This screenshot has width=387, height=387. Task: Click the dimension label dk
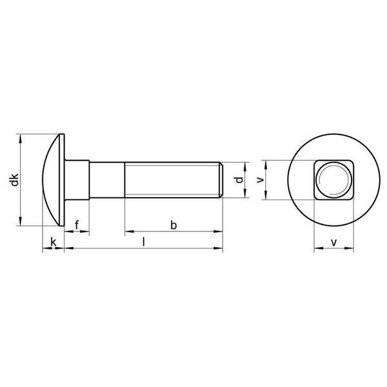[15, 180]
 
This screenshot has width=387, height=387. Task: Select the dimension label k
[54, 242]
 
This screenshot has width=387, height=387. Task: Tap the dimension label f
[77, 225]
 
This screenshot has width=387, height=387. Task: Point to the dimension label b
[174, 225]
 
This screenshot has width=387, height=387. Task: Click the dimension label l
[144, 242]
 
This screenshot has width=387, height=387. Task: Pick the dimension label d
[239, 180]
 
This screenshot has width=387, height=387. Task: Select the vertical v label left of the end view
[260, 180]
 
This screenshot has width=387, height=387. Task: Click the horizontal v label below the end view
[333, 243]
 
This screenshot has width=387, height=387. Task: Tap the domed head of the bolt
[52, 180]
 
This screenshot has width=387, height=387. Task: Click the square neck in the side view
[77, 180]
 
